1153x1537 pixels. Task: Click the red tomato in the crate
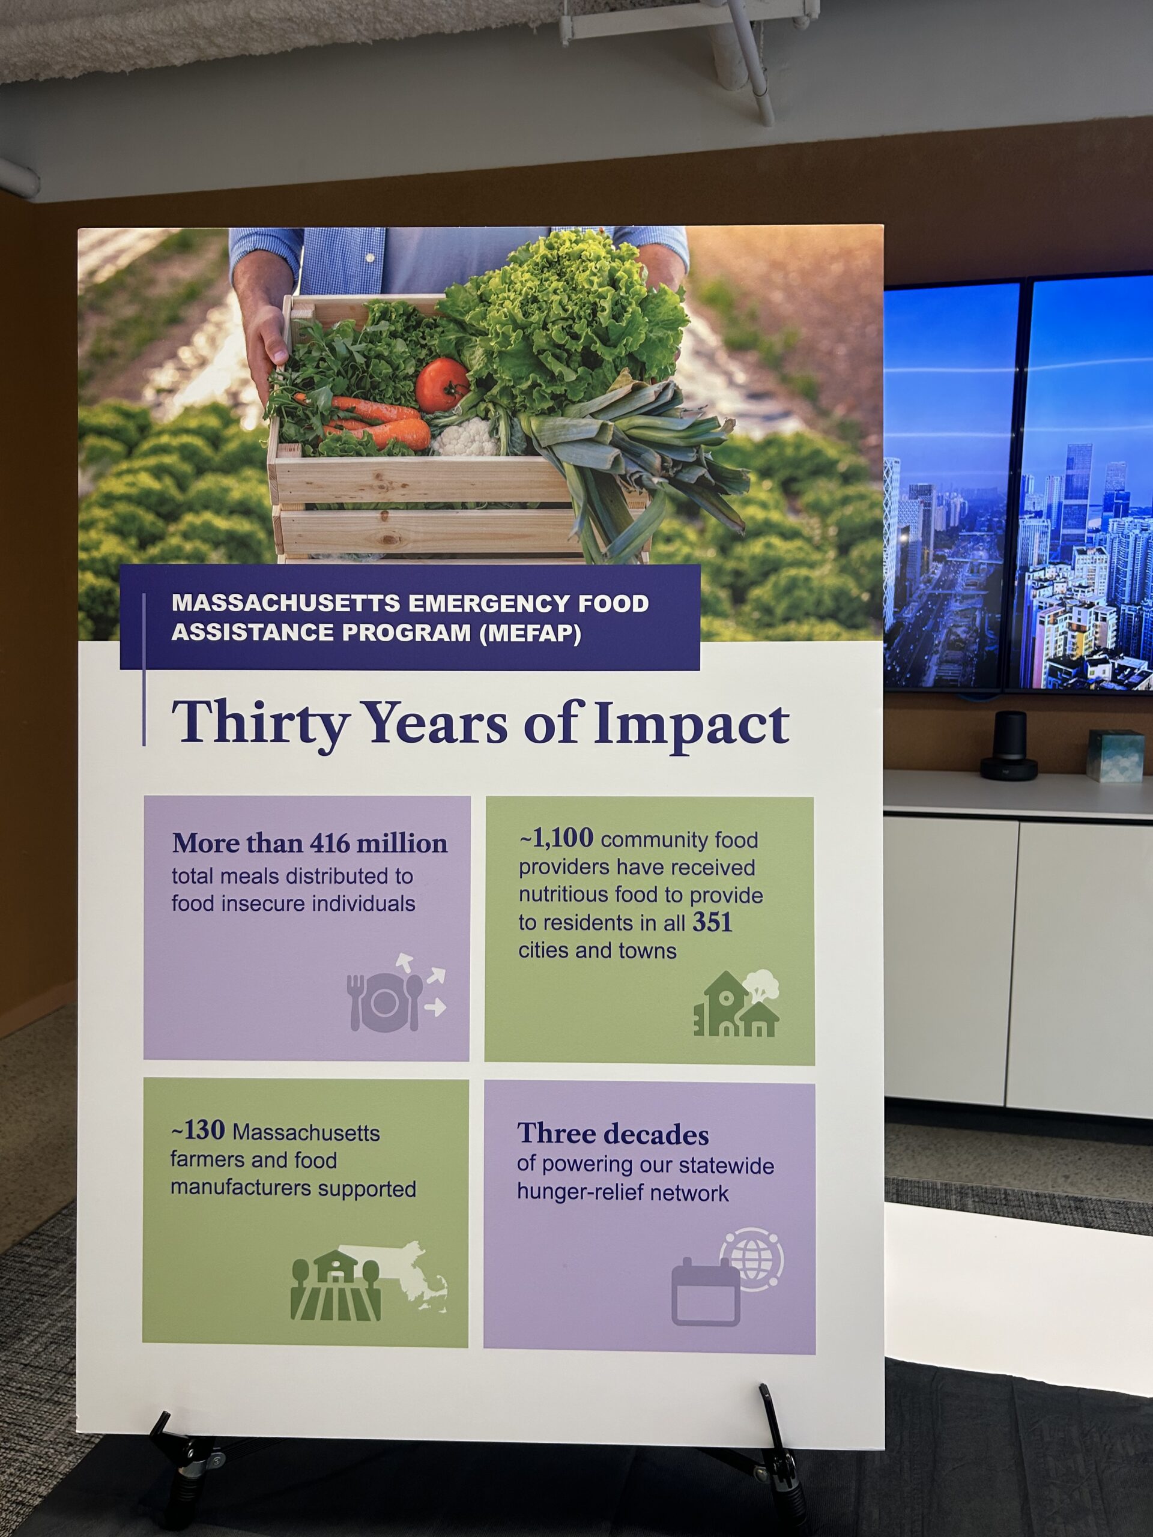pos(443,384)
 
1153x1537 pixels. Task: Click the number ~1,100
pos(556,839)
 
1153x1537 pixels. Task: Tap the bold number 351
pos(712,923)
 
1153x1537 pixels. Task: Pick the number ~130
pos(198,1131)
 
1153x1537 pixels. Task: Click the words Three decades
pos(613,1134)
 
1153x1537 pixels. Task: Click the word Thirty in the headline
pos(259,723)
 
